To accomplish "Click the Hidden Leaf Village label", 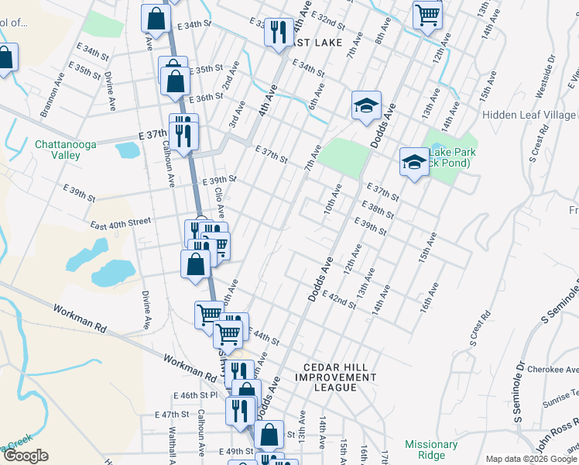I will pyautogui.click(x=529, y=115).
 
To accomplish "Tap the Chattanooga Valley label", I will pyautogui.click(x=57, y=150).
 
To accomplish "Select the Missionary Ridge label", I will pyautogui.click(x=431, y=449).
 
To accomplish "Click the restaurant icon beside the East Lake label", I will pyautogui.click(x=275, y=32).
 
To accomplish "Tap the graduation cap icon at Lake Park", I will pyautogui.click(x=414, y=162).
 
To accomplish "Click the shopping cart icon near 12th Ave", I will pyautogui.click(x=427, y=14).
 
